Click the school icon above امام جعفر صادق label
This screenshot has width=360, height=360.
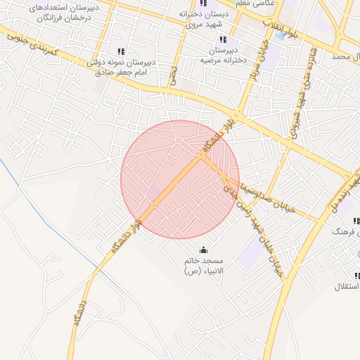[121, 51]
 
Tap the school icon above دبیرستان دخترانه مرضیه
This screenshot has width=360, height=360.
[223, 40]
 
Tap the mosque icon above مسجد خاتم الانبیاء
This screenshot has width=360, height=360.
[204, 250]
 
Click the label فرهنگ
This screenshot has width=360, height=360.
[347, 231]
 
